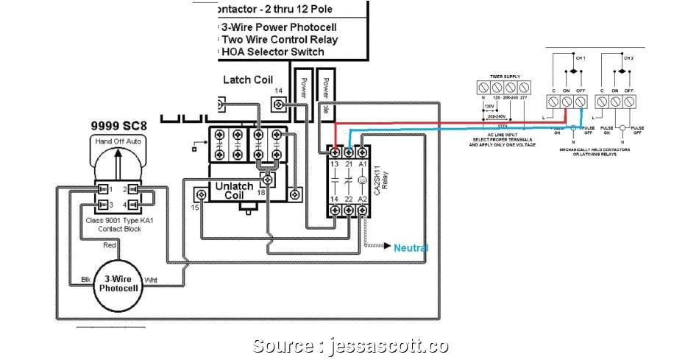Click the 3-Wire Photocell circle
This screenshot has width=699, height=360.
click(x=118, y=283)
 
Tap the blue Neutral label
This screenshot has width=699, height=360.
click(x=411, y=247)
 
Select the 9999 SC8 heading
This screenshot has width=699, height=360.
click(x=118, y=125)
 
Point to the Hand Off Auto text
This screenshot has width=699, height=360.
click(x=118, y=141)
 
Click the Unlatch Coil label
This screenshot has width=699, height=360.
click(x=233, y=191)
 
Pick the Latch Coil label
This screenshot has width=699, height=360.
click(x=247, y=80)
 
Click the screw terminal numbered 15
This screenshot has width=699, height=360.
click(x=199, y=194)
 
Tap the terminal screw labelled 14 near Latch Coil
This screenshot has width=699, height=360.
click(x=279, y=105)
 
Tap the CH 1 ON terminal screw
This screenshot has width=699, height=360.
click(x=567, y=101)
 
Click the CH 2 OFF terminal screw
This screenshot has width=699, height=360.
click(x=629, y=101)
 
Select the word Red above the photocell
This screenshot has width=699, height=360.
click(x=110, y=245)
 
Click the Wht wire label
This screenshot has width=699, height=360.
click(x=150, y=280)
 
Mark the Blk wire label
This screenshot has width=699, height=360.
click(x=86, y=280)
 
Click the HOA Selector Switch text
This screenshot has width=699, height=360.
click(x=273, y=52)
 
